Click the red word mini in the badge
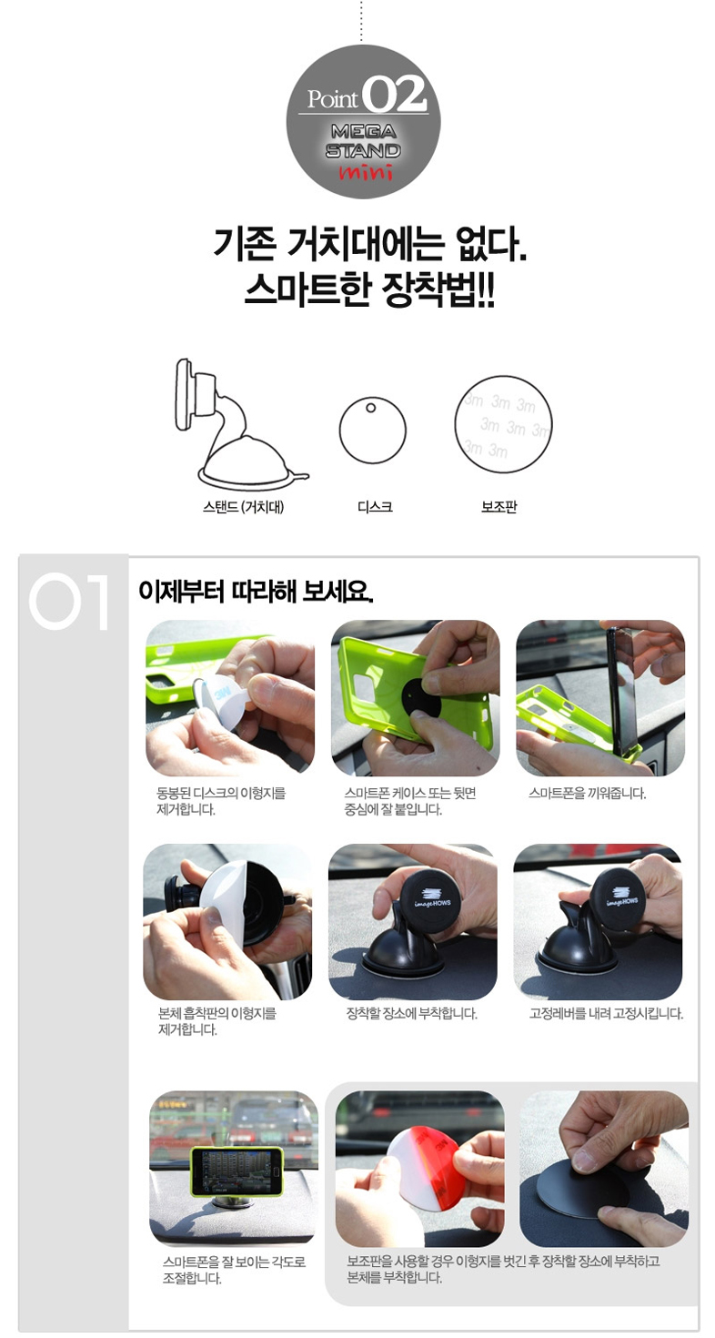[x=366, y=173]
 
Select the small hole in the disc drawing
[x=370, y=408]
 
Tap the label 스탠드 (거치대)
[x=244, y=507]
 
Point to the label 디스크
[x=375, y=507]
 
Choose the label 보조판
[x=498, y=507]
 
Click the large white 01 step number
[x=69, y=601]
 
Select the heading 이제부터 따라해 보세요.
[x=256, y=592]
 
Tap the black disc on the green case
[x=422, y=699]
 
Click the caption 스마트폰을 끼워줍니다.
[x=587, y=794]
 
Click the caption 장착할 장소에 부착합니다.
[x=412, y=1014]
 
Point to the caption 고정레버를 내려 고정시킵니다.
[x=606, y=1014]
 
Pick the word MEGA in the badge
[x=364, y=131]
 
